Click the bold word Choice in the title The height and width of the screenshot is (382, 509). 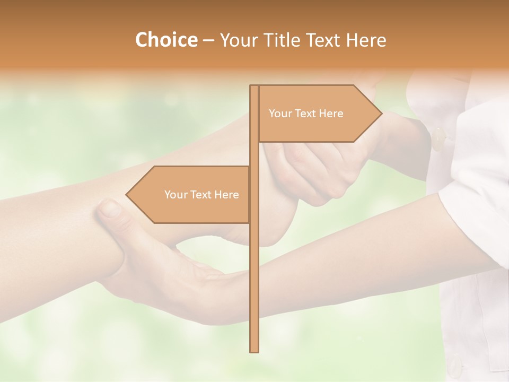(166, 40)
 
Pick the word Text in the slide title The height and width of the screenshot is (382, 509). (323, 40)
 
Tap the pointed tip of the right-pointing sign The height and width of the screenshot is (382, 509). (381, 113)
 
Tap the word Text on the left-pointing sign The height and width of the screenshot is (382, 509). (201, 195)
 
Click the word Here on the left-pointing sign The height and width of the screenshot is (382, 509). (226, 195)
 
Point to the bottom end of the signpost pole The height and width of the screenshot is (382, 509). (254, 350)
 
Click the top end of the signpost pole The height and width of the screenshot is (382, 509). (254, 87)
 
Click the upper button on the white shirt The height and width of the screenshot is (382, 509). (438, 140)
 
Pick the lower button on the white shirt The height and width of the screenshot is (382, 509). (454, 365)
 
